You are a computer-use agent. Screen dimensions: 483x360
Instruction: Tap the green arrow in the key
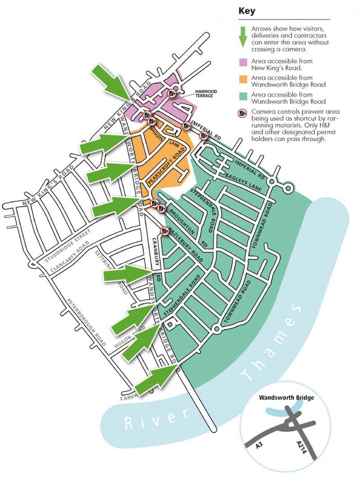point(243,36)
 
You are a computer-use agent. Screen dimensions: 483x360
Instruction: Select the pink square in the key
point(243,62)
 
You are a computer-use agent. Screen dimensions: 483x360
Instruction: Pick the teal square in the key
point(243,95)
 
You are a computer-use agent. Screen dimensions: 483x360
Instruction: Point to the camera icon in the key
point(243,112)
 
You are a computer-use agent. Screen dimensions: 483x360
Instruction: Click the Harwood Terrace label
point(206,94)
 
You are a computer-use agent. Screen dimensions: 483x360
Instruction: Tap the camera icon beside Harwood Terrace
point(171,93)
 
